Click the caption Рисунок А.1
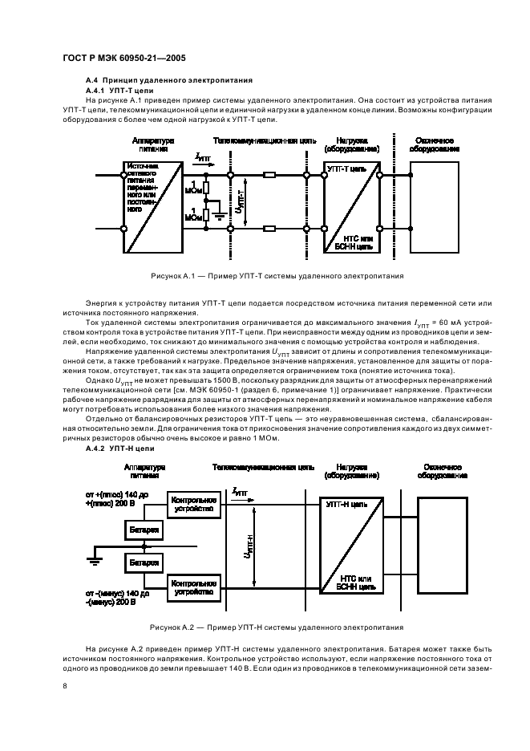click(277, 275)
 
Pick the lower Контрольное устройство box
click(192, 587)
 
